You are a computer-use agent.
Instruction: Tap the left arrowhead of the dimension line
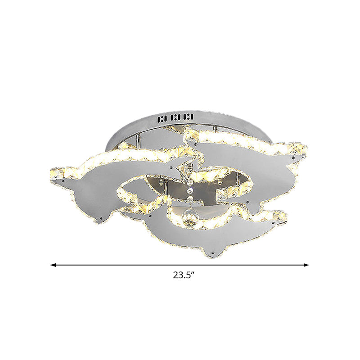53,265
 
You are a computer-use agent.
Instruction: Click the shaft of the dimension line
180,265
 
